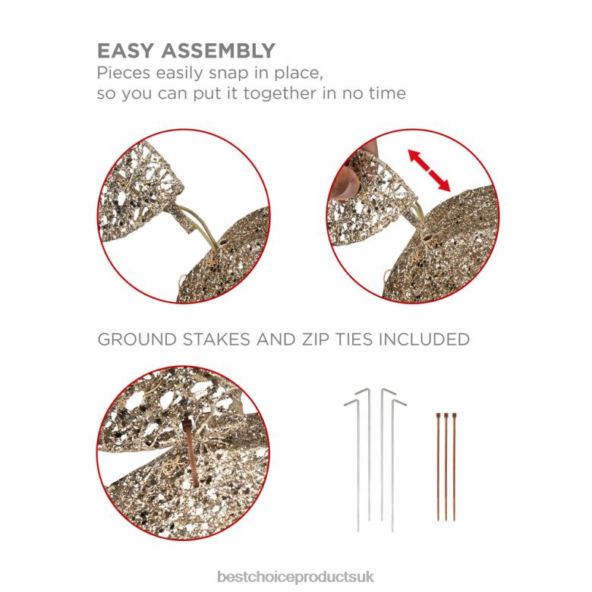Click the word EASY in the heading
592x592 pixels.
click(126, 51)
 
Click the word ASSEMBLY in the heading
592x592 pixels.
click(219, 51)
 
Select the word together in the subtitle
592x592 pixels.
click(280, 93)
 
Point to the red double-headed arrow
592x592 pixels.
click(430, 170)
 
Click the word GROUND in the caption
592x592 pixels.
click(137, 339)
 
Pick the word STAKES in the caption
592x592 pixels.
click(216, 339)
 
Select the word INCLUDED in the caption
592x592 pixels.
click(424, 339)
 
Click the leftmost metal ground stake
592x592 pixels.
click(357, 464)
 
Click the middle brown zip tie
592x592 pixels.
click(446, 467)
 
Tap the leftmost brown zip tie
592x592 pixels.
click(438, 467)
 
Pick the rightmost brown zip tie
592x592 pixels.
click(454, 467)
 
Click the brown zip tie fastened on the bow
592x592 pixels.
click(191, 452)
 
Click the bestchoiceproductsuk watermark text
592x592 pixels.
click(296, 577)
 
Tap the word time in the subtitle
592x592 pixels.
click(386, 93)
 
